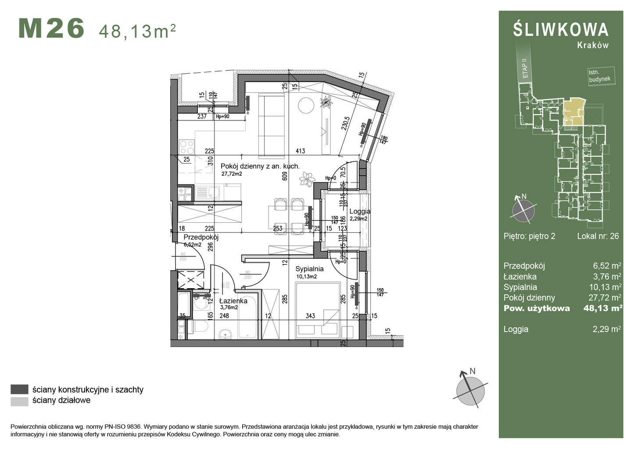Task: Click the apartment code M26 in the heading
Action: click(x=51, y=29)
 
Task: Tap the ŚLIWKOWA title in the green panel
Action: click(x=561, y=30)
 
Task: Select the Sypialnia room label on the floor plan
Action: click(x=309, y=269)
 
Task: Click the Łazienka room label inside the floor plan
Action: click(x=233, y=301)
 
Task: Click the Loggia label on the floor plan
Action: click(x=359, y=212)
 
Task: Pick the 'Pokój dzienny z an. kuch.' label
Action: click(x=260, y=166)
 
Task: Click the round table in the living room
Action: click(x=305, y=105)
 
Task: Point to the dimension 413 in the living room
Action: click(x=300, y=151)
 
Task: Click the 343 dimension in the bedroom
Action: click(x=310, y=315)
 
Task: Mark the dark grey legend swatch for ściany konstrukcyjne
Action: click(x=19, y=389)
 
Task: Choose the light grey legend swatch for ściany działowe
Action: click(x=19, y=401)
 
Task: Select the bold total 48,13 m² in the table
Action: click(x=602, y=308)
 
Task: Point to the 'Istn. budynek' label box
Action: click(x=599, y=76)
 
